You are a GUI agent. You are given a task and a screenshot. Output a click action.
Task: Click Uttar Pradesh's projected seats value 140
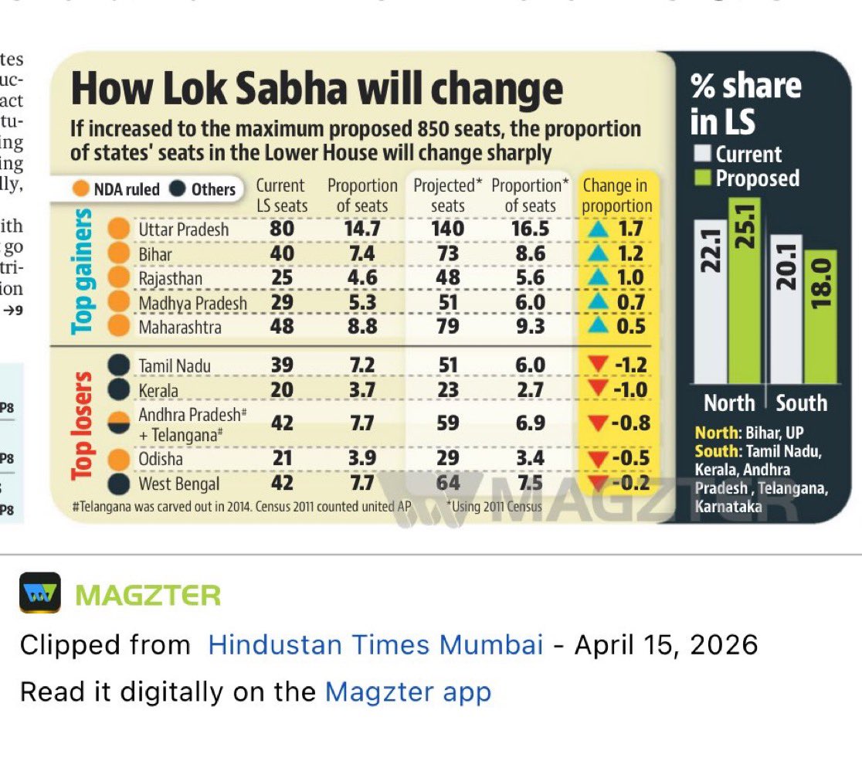point(448,229)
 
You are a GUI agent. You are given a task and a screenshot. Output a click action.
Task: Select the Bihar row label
point(155,253)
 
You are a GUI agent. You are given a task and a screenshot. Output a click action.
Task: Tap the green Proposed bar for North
point(745,291)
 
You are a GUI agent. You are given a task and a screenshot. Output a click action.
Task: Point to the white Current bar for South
point(787,309)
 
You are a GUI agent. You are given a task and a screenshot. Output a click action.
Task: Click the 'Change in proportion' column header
point(616,195)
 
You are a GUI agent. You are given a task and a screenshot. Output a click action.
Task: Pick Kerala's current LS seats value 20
point(282,390)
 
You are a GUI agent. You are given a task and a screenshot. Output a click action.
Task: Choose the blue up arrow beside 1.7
point(595,229)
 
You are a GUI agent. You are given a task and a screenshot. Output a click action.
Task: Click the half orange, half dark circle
point(118,423)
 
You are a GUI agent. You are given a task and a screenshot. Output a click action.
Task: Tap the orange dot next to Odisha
point(118,459)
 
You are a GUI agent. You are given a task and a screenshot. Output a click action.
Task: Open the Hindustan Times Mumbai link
point(375,644)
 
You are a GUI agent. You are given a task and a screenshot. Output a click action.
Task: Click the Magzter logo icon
point(40,592)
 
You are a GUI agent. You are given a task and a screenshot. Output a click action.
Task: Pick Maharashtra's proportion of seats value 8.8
point(361,327)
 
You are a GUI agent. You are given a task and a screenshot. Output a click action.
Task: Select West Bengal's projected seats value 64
point(448,484)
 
